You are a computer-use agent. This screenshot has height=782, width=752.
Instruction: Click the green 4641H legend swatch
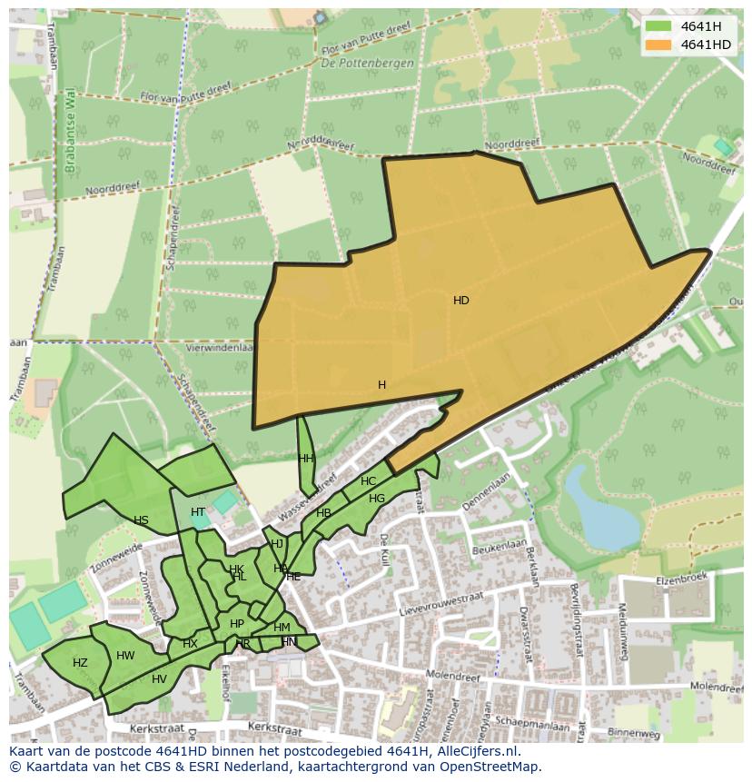[658, 26]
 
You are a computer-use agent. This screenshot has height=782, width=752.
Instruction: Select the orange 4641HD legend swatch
[658, 45]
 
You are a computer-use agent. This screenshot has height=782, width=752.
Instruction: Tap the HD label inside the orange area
[461, 300]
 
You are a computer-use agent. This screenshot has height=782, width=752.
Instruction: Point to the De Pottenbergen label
[368, 64]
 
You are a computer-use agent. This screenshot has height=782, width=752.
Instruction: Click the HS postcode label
[141, 520]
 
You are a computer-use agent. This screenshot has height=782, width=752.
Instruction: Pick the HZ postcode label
[80, 663]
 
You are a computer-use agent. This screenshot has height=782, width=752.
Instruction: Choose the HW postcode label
[125, 656]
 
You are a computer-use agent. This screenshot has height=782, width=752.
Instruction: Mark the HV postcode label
[159, 679]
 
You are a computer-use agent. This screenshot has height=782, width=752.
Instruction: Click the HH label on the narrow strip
[305, 459]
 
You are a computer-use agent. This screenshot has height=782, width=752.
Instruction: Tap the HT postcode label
[198, 512]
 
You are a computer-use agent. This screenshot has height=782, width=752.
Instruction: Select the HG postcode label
[377, 499]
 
